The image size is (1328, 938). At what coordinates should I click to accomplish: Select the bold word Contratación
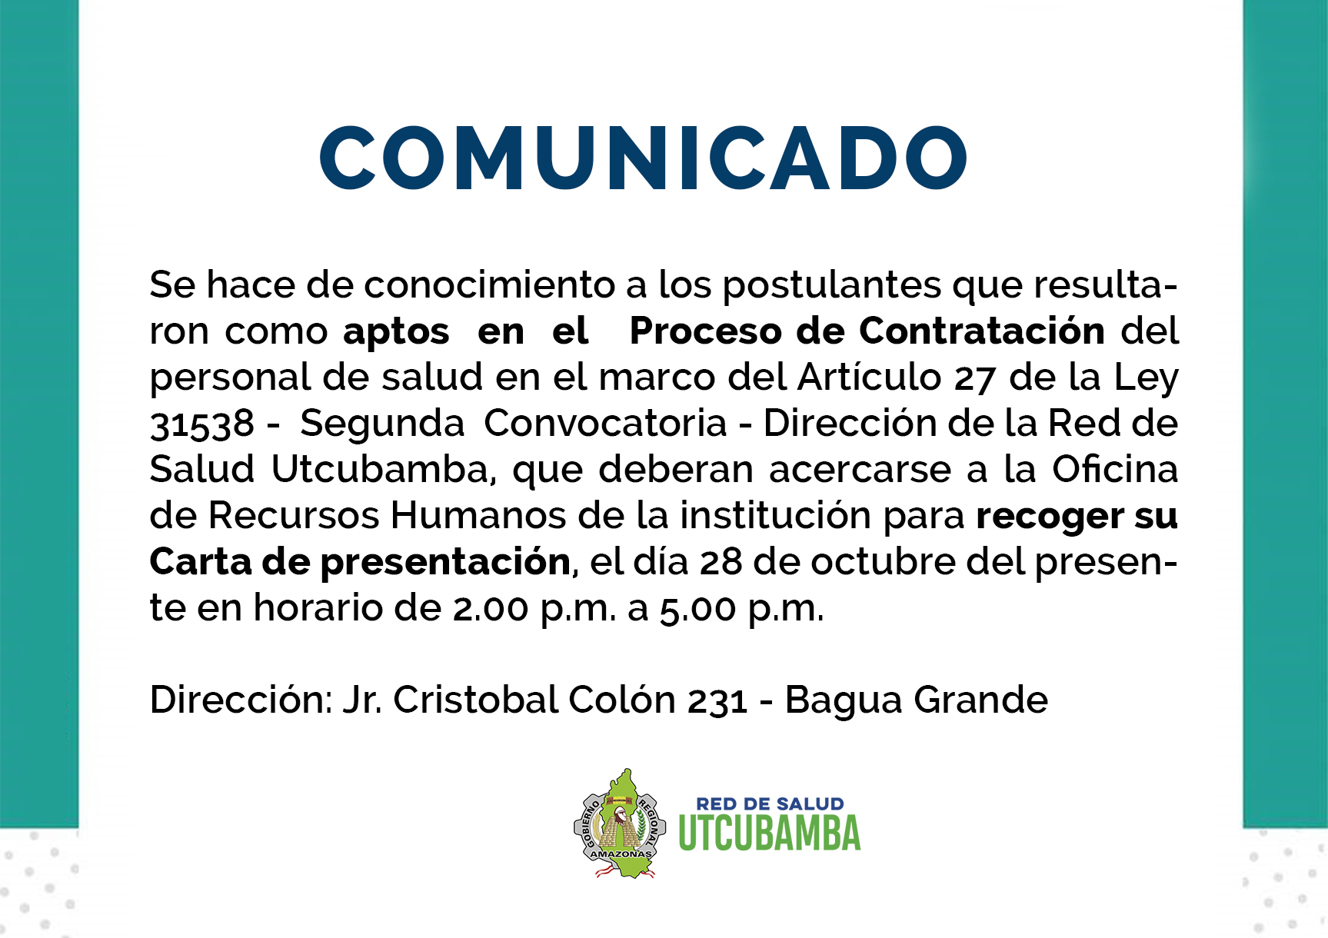pyautogui.click(x=982, y=331)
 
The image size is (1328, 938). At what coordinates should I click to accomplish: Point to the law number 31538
pyautogui.click(x=201, y=424)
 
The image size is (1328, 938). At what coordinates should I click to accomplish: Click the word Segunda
pyautogui.click(x=382, y=424)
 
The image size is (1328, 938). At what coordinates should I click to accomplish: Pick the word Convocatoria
pyautogui.click(x=605, y=423)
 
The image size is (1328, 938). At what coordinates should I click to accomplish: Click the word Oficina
pyautogui.click(x=1115, y=469)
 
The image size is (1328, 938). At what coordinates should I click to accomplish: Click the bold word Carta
pyautogui.click(x=201, y=561)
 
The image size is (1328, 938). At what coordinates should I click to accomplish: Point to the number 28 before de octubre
pyautogui.click(x=721, y=563)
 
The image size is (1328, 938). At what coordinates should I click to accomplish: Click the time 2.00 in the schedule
pyautogui.click(x=491, y=609)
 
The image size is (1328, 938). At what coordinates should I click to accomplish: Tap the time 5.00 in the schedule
pyautogui.click(x=698, y=609)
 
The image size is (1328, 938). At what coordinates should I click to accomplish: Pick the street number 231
pyautogui.click(x=717, y=701)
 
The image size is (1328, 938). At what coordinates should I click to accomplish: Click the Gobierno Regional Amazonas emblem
pyautogui.click(x=620, y=823)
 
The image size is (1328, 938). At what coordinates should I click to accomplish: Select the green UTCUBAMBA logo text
pyautogui.click(x=770, y=833)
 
